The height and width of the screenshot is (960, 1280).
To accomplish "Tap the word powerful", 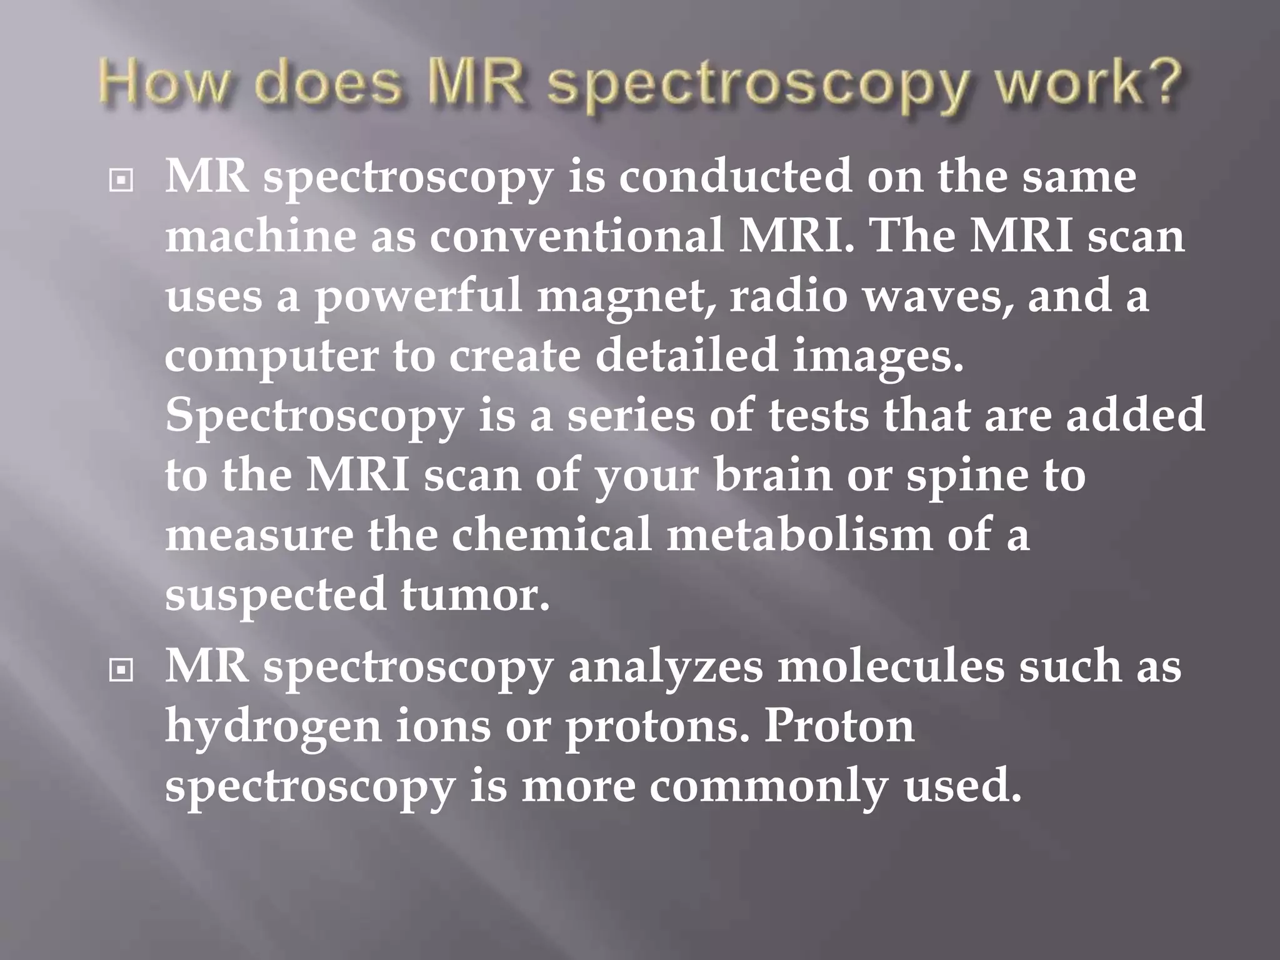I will tap(417, 297).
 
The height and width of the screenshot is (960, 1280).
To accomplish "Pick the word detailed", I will tap(686, 355).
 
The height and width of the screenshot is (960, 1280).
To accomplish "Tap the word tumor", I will tap(475, 595).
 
